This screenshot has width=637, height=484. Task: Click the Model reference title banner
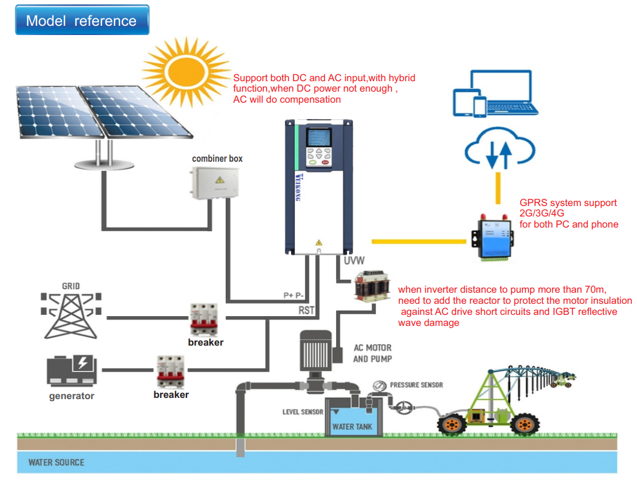pos(81,21)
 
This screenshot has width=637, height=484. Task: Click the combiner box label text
pos(217,159)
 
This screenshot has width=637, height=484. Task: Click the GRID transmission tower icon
pos(71,313)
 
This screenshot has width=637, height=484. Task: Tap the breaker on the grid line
pos(205,319)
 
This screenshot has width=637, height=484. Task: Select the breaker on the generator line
pos(170,371)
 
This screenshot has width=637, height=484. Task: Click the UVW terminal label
pos(354,261)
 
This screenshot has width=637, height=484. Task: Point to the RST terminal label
pos(306,311)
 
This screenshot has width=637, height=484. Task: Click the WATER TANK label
pos(352,426)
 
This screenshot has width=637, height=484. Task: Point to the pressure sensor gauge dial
pos(380,387)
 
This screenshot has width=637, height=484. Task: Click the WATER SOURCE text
pos(57,462)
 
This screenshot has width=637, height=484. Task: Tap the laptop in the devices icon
pos(503,94)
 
